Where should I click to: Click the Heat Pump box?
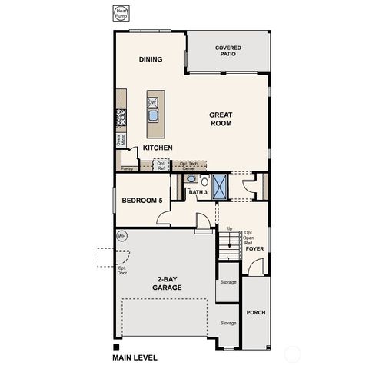[121, 14]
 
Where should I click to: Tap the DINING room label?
[151, 59]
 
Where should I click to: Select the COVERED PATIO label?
[228, 51]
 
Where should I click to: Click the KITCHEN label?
[157, 148]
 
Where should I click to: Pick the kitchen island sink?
[153, 116]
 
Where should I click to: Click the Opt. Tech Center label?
[188, 165]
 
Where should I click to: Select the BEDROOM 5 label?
[141, 201]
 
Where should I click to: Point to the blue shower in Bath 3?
[221, 186]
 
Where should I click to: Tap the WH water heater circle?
[121, 236]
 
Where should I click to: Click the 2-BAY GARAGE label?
[167, 284]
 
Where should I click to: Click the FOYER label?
[254, 248]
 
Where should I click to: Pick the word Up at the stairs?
[229, 228]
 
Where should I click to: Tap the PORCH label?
[255, 313]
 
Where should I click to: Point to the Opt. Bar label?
[161, 165]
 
